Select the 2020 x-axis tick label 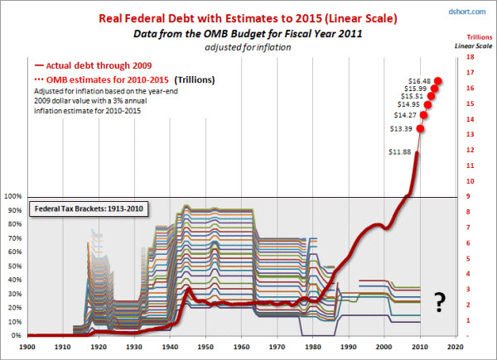point(461,348)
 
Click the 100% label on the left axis point(12,197)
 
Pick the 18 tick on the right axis point(470,57)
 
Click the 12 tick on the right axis point(470,150)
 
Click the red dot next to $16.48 point(437,80)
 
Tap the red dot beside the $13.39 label point(421,128)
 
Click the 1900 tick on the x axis point(27,348)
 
